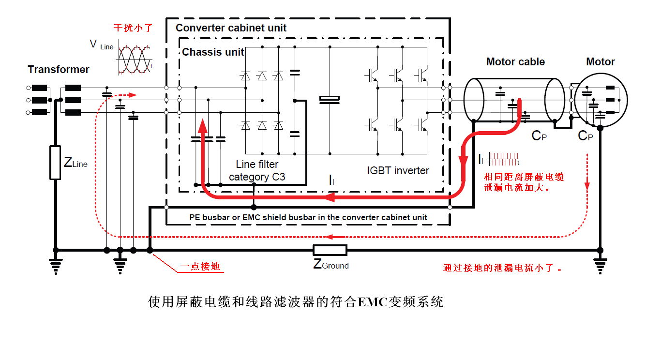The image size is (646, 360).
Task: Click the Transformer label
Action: [59, 70]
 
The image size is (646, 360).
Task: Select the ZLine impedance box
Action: [55, 163]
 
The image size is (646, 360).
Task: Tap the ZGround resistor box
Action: [330, 250]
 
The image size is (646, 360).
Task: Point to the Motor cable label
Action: [515, 62]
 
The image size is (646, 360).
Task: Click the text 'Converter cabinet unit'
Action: [231, 28]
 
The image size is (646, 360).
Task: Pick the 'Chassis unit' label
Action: [213, 52]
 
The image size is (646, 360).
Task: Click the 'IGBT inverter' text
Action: [398, 170]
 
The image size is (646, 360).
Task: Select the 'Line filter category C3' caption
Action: [257, 171]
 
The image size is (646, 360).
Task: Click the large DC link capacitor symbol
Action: [330, 100]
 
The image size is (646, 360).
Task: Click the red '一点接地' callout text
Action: [200, 267]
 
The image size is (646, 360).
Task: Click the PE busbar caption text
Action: [308, 217]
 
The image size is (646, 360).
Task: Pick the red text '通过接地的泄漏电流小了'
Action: [503, 268]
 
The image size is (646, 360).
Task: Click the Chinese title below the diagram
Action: [295, 303]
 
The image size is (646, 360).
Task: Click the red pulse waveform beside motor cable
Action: [503, 157]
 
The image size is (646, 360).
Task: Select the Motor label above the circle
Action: [600, 62]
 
